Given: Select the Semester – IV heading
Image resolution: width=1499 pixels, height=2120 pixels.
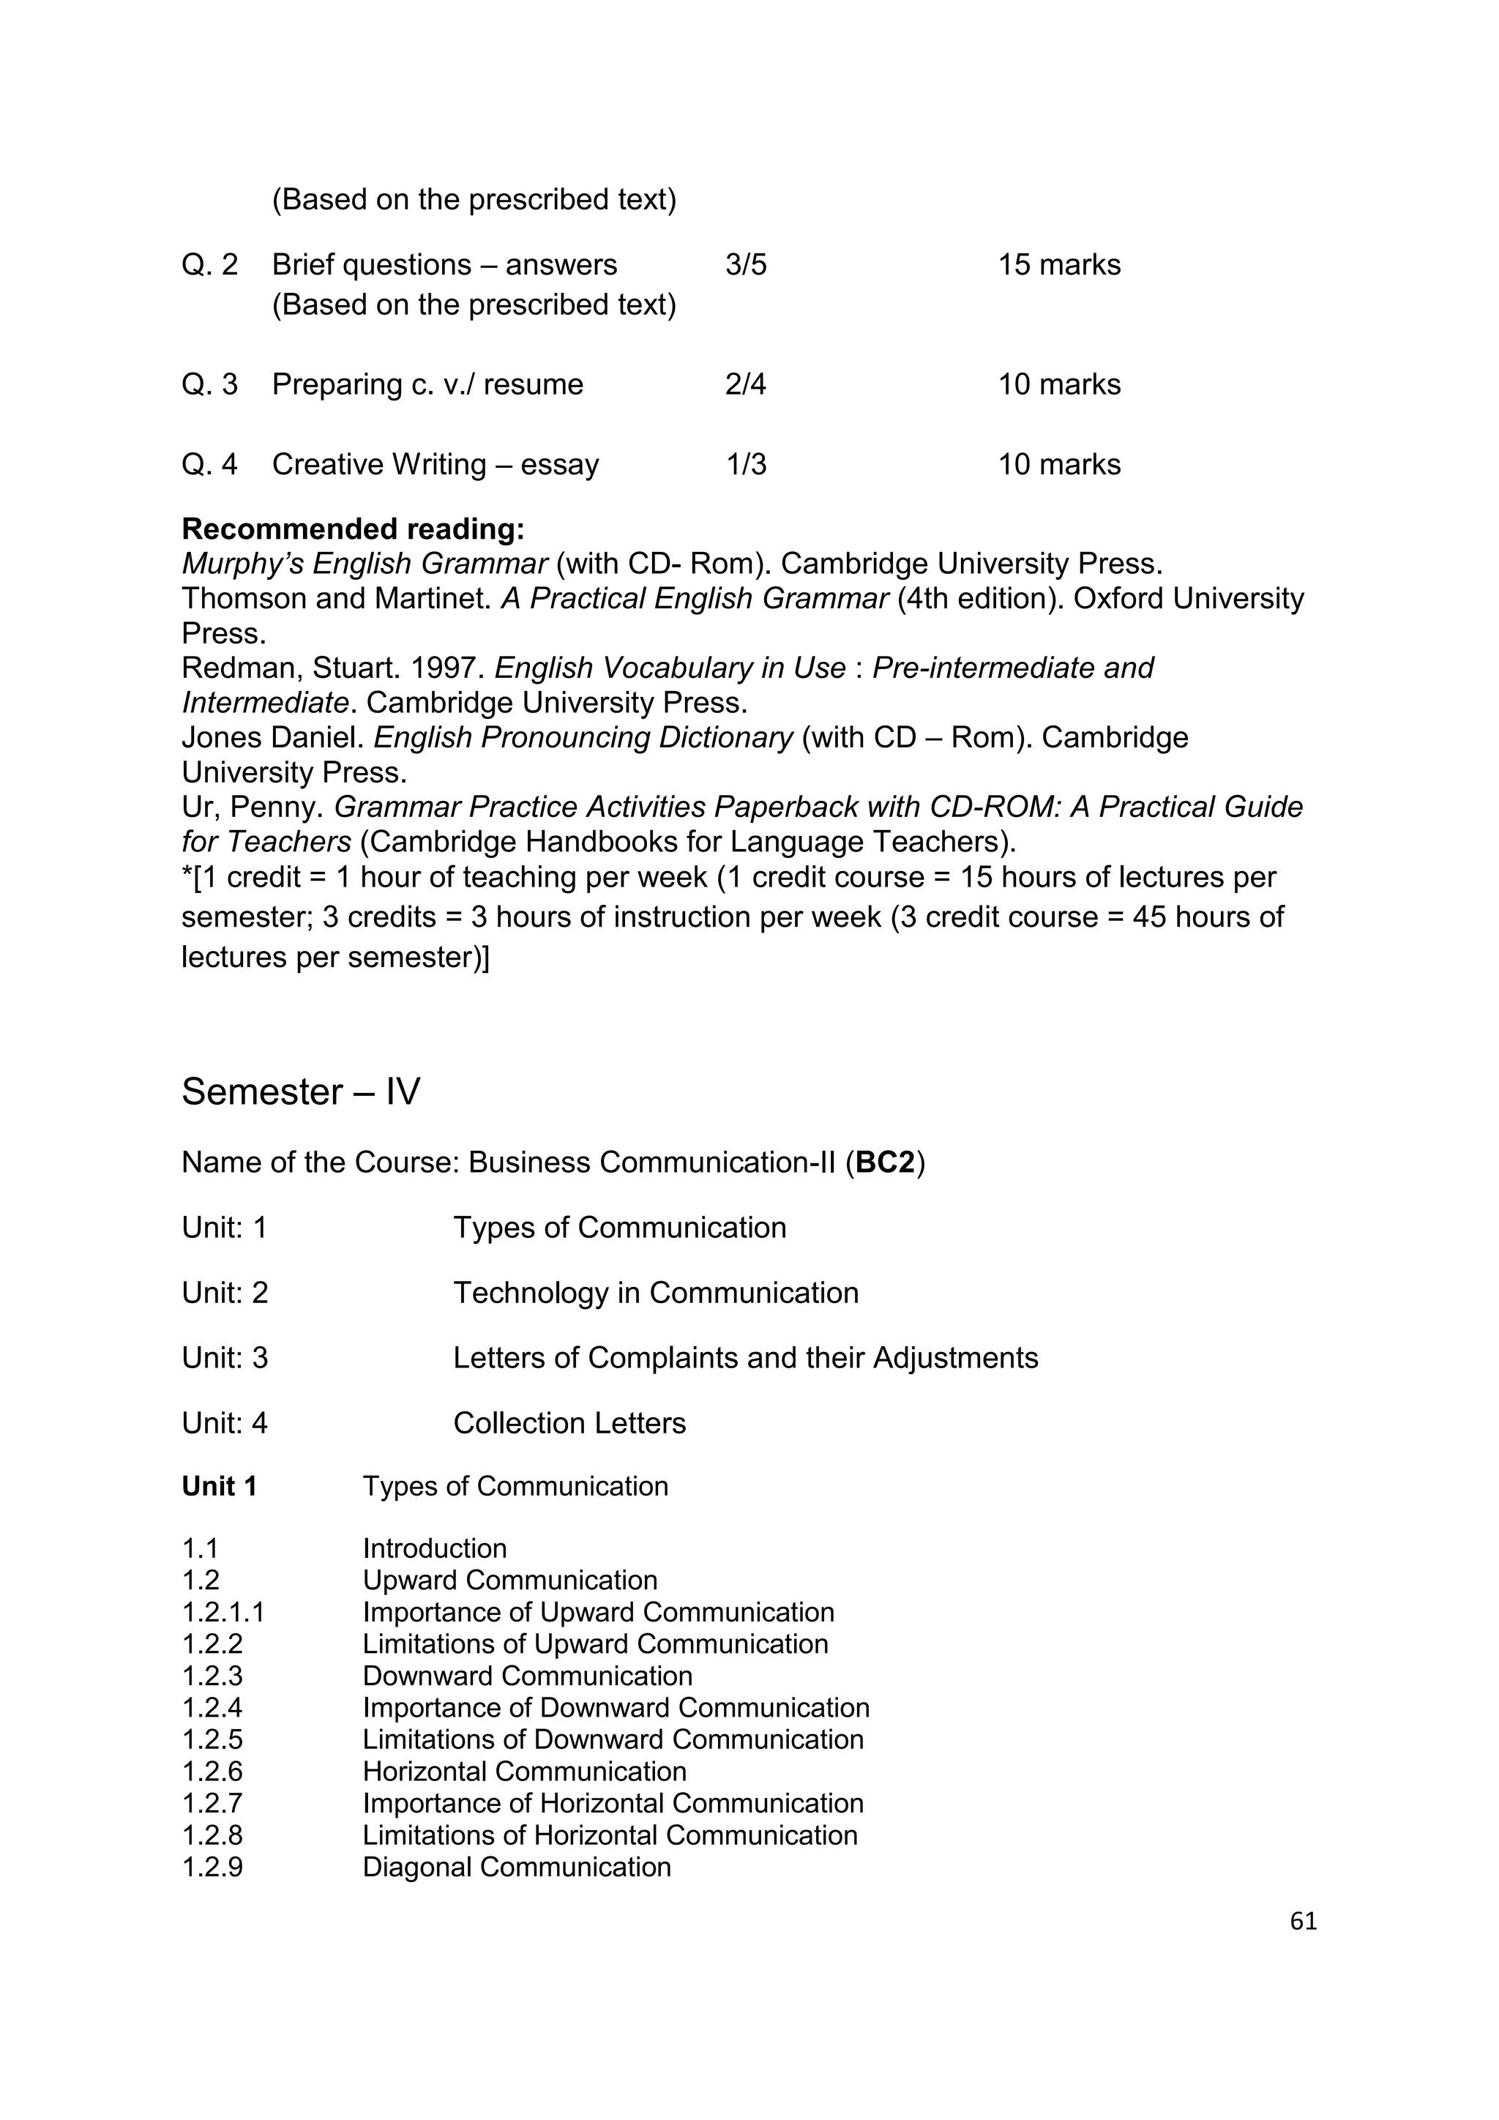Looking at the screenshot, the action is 301,1091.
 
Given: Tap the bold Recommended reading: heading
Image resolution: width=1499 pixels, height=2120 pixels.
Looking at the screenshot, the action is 353,529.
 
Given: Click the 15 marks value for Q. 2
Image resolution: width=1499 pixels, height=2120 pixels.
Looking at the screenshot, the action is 1058,265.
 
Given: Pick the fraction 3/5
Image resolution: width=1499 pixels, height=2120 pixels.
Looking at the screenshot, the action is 746,265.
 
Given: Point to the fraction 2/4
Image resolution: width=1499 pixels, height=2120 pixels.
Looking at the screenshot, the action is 745,384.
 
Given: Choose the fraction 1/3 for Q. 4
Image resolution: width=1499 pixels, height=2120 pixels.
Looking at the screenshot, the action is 746,464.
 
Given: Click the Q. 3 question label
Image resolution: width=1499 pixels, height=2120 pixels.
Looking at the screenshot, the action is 209,384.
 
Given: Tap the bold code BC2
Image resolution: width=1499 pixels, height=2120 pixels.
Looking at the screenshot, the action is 884,1162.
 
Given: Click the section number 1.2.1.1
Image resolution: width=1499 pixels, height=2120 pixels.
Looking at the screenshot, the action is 223,1612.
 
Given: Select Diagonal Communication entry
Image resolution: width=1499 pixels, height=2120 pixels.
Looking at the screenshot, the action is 516,1867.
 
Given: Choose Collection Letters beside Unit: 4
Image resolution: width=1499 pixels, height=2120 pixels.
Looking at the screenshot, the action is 569,1423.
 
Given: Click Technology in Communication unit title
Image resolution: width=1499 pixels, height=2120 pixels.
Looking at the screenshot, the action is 655,1293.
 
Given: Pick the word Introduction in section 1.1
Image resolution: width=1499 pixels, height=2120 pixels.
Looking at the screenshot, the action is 434,1548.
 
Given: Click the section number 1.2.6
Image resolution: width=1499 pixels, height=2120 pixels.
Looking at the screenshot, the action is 212,1771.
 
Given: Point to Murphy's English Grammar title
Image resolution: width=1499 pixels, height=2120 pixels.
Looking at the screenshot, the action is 365,563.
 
